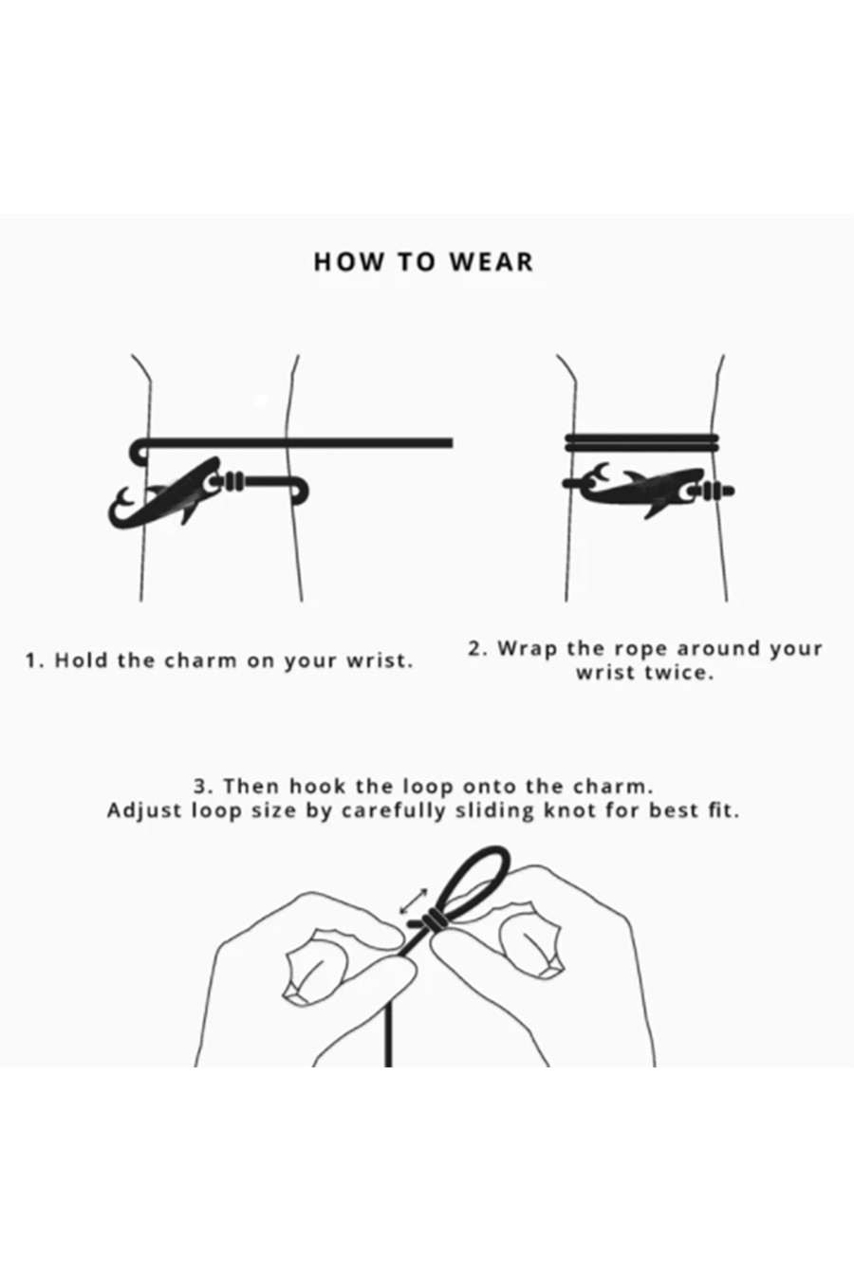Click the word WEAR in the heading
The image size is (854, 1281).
click(x=492, y=262)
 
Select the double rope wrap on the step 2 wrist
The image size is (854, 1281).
click(x=641, y=442)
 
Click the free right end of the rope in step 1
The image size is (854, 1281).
click(x=452, y=442)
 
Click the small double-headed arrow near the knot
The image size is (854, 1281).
click(x=413, y=900)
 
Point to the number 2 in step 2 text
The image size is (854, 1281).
click(x=473, y=649)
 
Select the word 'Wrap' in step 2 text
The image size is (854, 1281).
click(x=527, y=650)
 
